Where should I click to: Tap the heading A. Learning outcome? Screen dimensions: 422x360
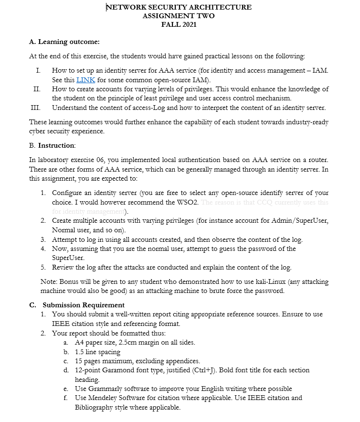point(64,42)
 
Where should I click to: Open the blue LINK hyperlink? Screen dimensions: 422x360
point(86,80)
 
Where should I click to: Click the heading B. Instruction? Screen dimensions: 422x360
point(53,145)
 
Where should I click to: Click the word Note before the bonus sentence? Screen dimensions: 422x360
point(49,281)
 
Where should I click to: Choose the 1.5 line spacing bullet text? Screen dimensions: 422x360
point(98,352)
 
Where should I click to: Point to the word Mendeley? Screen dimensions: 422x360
point(105,398)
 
